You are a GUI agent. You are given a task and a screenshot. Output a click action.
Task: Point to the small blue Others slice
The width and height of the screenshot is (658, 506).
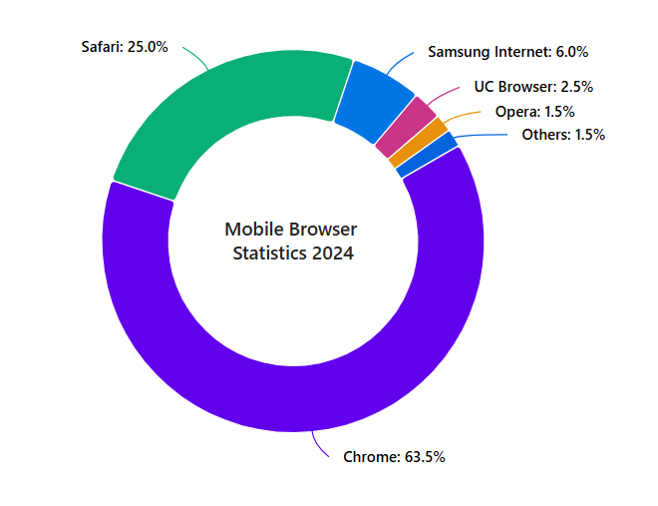pyautogui.click(x=427, y=155)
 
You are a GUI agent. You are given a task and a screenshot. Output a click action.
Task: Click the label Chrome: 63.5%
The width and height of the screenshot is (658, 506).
pyautogui.click(x=394, y=457)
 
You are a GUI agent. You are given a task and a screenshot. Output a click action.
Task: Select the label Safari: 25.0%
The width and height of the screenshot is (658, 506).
pyautogui.click(x=125, y=46)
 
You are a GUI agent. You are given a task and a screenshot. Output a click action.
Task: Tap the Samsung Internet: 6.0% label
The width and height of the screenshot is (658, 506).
pyautogui.click(x=508, y=51)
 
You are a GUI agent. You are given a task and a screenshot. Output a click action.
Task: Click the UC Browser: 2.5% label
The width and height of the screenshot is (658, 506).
pyautogui.click(x=533, y=87)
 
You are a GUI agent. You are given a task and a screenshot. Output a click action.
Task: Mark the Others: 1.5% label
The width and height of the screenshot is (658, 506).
pyautogui.click(x=563, y=135)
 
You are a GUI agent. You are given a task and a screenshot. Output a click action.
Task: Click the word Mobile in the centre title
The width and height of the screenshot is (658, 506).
pyautogui.click(x=254, y=230)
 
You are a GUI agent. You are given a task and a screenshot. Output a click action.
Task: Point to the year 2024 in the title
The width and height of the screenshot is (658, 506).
pyautogui.click(x=332, y=253)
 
